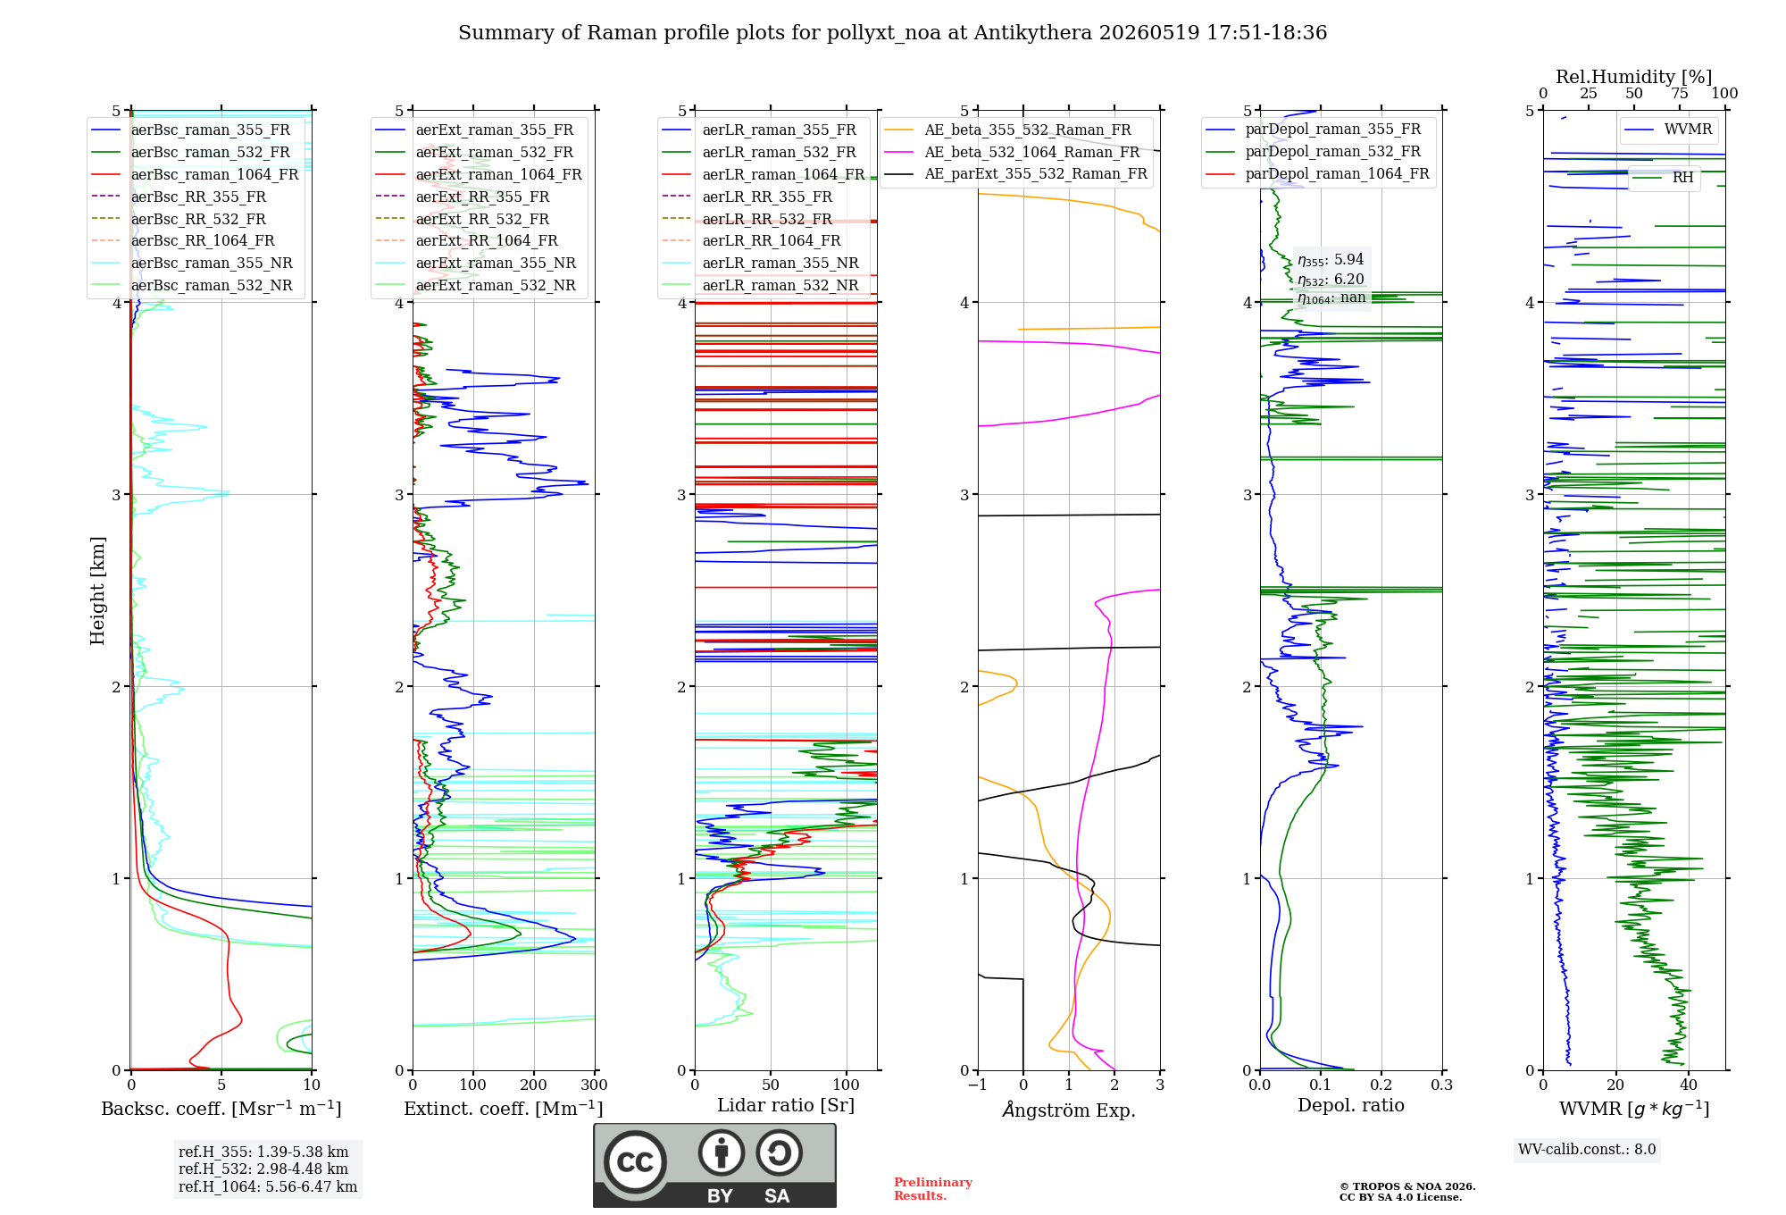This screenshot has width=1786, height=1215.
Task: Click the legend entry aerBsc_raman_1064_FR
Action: (196, 174)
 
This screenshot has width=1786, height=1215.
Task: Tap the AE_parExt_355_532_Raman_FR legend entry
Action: (1016, 173)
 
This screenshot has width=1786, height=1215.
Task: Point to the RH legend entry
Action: (1664, 178)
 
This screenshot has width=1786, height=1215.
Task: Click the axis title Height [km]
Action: (97, 591)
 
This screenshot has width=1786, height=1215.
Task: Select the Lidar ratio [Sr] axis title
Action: (786, 1105)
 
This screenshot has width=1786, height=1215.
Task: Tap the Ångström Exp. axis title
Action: (1069, 1110)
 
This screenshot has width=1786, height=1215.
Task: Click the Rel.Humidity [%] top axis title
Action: (1634, 77)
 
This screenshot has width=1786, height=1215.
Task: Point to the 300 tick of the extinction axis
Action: (594, 1085)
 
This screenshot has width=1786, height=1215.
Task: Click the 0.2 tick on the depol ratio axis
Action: (1381, 1085)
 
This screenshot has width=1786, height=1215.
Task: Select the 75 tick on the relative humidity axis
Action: (1680, 93)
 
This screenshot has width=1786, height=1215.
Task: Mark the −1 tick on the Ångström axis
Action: (977, 1085)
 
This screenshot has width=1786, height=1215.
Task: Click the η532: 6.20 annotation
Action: (1331, 280)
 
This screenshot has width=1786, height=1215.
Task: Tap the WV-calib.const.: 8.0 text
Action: (1587, 1149)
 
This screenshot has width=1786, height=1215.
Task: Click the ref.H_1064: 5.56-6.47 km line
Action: (268, 1186)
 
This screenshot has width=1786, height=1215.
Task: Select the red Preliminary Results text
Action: (933, 1189)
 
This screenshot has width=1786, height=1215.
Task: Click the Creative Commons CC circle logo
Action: (635, 1161)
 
